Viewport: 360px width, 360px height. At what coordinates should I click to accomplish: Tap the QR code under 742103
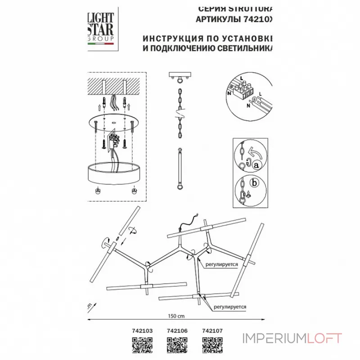[139, 346]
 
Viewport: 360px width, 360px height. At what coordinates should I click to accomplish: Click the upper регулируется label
[221, 265]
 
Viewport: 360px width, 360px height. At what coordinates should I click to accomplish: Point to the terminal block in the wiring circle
[243, 89]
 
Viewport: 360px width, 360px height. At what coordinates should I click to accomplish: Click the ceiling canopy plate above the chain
[180, 76]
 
